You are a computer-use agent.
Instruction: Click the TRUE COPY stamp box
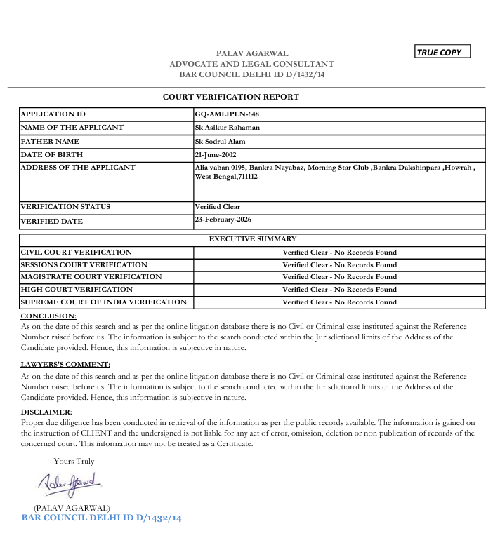(x=442, y=52)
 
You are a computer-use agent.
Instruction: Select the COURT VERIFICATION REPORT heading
(x=231, y=97)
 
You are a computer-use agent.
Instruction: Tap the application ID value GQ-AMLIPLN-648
(x=221, y=114)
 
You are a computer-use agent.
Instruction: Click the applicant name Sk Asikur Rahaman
(x=227, y=128)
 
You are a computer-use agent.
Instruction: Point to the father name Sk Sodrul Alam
(x=220, y=141)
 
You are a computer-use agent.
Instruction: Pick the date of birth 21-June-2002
(x=215, y=154)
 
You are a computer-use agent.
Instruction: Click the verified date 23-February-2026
(x=223, y=220)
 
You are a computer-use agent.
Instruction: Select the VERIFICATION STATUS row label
(x=65, y=207)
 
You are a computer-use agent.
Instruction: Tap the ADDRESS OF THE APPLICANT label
(x=78, y=168)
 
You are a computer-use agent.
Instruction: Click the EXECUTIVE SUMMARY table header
(x=253, y=239)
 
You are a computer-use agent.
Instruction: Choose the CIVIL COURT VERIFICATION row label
(x=76, y=252)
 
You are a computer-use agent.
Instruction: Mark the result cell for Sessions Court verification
(x=339, y=265)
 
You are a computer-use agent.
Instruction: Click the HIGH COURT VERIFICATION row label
(x=76, y=290)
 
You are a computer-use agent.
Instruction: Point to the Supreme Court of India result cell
(x=339, y=302)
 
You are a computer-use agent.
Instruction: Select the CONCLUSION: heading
(x=48, y=316)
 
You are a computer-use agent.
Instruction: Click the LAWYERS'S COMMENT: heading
(x=65, y=365)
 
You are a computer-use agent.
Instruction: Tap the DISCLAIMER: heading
(x=46, y=412)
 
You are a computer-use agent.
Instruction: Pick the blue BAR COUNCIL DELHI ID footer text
(x=102, y=518)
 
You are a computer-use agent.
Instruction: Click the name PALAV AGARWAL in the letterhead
(x=252, y=53)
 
